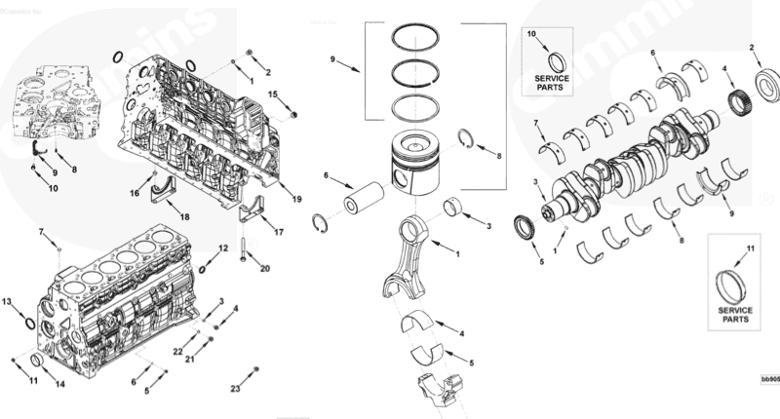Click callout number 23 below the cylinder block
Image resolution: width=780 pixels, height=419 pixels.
click(x=235, y=389)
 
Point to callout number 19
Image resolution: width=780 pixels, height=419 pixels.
click(x=297, y=198)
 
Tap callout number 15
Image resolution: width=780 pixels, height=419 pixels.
click(x=274, y=94)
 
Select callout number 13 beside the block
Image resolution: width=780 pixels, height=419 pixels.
click(x=7, y=303)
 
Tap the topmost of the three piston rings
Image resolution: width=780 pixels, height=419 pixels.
click(x=416, y=38)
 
